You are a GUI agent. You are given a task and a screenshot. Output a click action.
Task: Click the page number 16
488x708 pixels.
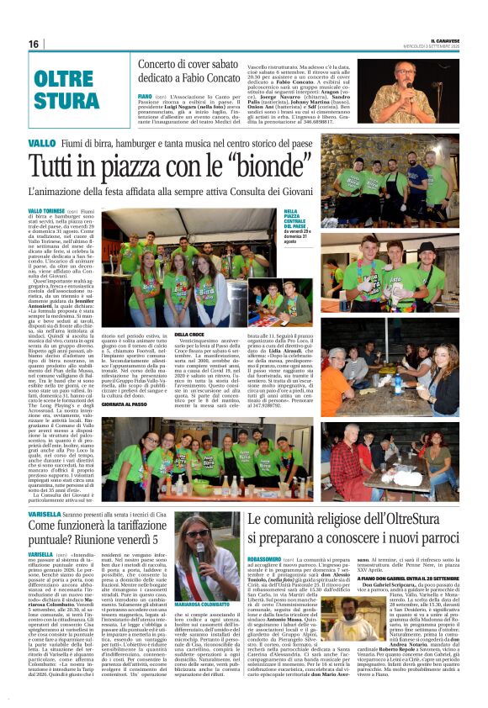click(x=33, y=44)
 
